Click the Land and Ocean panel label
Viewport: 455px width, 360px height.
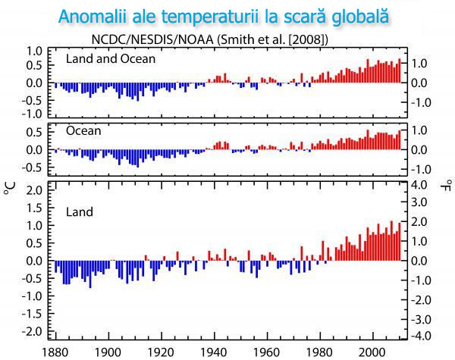click(111, 59)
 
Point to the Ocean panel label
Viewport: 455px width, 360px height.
click(83, 130)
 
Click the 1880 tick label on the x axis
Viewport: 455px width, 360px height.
click(55, 352)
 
